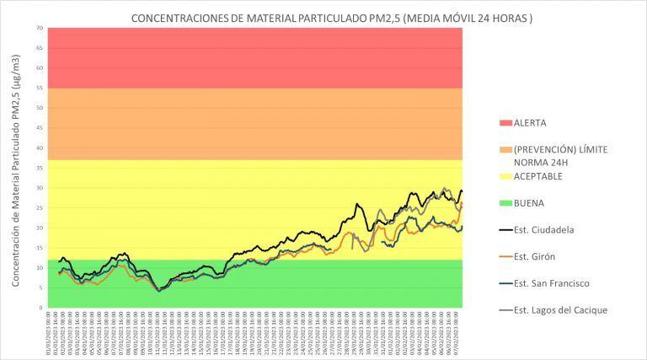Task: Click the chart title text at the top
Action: [x=331, y=18]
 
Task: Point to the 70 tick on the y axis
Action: [x=40, y=28]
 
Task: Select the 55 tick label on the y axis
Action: [x=40, y=88]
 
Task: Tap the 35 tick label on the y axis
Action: [x=40, y=168]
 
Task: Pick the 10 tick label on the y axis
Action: [x=40, y=267]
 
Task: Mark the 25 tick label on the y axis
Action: [x=40, y=207]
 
